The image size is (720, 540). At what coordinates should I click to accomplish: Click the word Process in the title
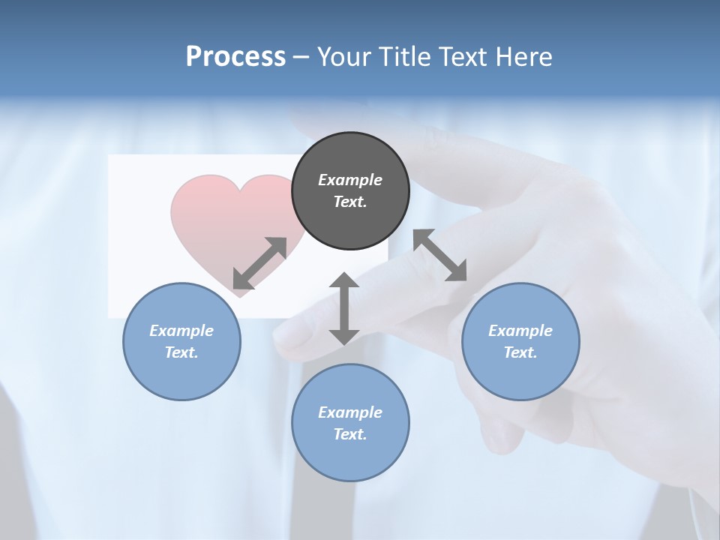(x=235, y=57)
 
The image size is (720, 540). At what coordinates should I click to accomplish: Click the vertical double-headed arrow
(x=344, y=308)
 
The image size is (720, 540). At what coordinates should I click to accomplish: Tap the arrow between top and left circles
(x=259, y=262)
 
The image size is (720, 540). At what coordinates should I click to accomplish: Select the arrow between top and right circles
(x=440, y=255)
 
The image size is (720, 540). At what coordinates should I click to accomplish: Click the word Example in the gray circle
(x=350, y=180)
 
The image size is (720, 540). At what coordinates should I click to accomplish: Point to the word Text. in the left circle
(x=181, y=352)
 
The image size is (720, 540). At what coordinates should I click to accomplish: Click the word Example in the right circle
(x=520, y=331)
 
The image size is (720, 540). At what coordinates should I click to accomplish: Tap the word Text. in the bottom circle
(x=350, y=434)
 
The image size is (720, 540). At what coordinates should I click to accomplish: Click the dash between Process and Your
(x=301, y=58)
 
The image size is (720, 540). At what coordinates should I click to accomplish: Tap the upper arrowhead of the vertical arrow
(x=344, y=281)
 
